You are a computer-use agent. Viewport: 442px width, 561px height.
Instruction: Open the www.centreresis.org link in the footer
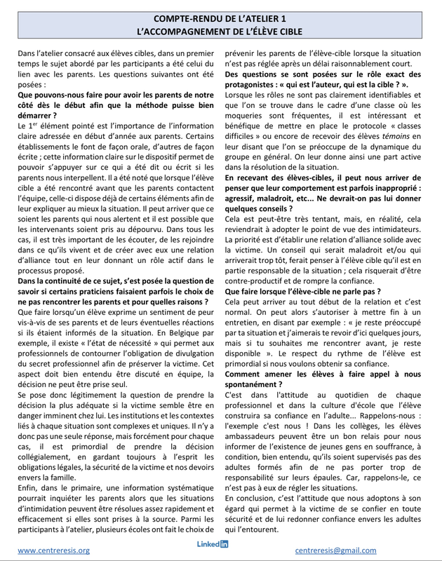coord(54,550)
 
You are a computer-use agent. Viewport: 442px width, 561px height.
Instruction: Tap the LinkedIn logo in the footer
coord(213,544)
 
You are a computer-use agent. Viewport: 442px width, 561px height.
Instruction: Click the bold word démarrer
coord(37,115)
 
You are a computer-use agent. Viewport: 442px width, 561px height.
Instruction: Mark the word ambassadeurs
coord(255,442)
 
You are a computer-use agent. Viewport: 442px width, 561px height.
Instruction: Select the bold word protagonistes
coord(258,84)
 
